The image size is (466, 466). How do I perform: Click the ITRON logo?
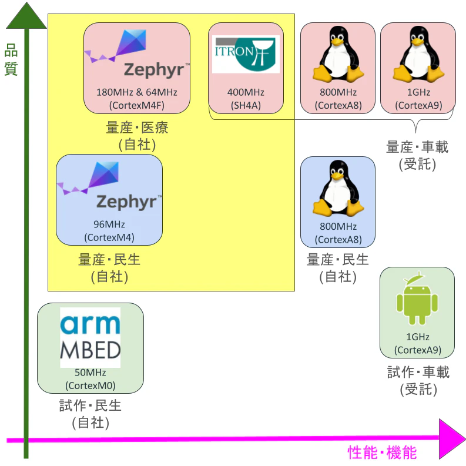pyautogui.click(x=246, y=54)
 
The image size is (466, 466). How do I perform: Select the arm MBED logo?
pyautogui.click(x=90, y=337)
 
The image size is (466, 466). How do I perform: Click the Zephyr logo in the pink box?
pyautogui.click(x=137, y=54)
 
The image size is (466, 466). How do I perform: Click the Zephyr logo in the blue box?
pyautogui.click(x=109, y=187)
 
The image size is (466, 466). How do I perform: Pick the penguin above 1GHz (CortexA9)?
pyautogui.click(x=417, y=55)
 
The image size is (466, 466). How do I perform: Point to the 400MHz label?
pyautogui.click(x=246, y=93)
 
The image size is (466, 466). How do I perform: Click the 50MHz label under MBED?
pyautogui.click(x=90, y=373)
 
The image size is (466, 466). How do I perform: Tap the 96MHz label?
pyautogui.click(x=109, y=224)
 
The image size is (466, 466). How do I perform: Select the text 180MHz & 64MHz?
pyautogui.click(x=137, y=93)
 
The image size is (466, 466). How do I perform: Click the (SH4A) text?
pyautogui.click(x=246, y=105)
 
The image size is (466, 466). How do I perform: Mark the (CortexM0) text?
pyautogui.click(x=90, y=385)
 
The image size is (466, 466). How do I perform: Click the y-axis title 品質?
pyautogui.click(x=11, y=61)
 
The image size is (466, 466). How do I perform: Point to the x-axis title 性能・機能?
pyautogui.click(x=382, y=452)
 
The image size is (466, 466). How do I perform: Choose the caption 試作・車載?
pyautogui.click(x=418, y=372)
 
